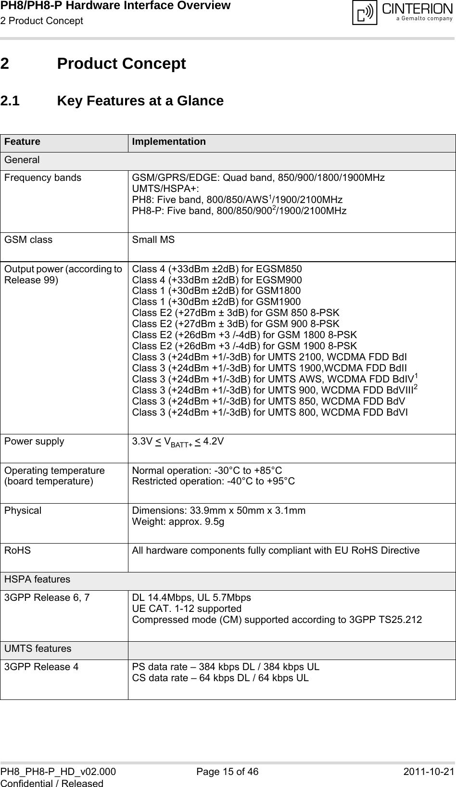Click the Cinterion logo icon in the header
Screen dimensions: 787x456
(x=365, y=13)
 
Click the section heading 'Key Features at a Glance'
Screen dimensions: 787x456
(x=140, y=101)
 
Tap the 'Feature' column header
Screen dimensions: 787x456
(x=23, y=142)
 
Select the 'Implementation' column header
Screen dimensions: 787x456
(x=169, y=142)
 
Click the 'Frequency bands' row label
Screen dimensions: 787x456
(x=43, y=178)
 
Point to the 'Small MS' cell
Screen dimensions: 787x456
(x=153, y=240)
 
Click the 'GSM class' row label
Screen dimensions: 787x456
(x=28, y=240)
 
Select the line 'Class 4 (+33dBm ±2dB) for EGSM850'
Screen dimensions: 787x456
(x=217, y=269)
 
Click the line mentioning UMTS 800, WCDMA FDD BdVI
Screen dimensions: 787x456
(x=270, y=412)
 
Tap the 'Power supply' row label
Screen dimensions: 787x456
(x=34, y=441)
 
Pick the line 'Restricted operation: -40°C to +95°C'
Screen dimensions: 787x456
(x=214, y=481)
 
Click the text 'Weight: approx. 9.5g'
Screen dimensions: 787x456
(x=177, y=521)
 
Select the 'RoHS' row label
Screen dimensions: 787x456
(x=17, y=550)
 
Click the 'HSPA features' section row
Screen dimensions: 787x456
(x=37, y=580)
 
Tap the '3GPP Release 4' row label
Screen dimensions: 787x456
(x=42, y=667)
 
